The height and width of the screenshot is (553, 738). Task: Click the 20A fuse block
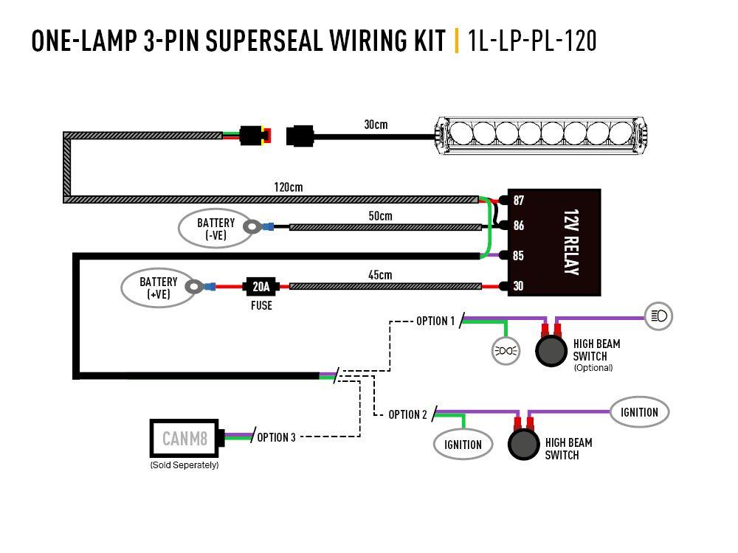point(261,286)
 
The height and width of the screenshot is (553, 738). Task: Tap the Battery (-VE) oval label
point(215,229)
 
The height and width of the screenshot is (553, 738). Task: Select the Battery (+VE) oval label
point(159,288)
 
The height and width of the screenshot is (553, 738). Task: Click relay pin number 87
point(519,201)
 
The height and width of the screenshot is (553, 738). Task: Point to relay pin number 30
point(519,286)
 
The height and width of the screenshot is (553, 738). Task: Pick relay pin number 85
point(519,256)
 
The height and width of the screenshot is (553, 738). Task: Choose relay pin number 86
point(519,226)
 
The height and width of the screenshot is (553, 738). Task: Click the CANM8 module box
point(184,439)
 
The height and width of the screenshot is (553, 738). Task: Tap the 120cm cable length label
point(289,187)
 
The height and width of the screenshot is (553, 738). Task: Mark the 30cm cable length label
point(376,124)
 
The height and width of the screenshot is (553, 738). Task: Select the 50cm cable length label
point(380,216)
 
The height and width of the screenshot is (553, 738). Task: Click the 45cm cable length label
point(380,275)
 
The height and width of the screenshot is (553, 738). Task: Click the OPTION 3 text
point(276,437)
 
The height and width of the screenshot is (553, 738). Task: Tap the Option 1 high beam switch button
point(550,351)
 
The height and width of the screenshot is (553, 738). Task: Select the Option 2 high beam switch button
point(523,445)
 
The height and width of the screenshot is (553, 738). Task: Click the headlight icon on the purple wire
point(658,316)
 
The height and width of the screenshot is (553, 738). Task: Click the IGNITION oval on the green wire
point(463,444)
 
